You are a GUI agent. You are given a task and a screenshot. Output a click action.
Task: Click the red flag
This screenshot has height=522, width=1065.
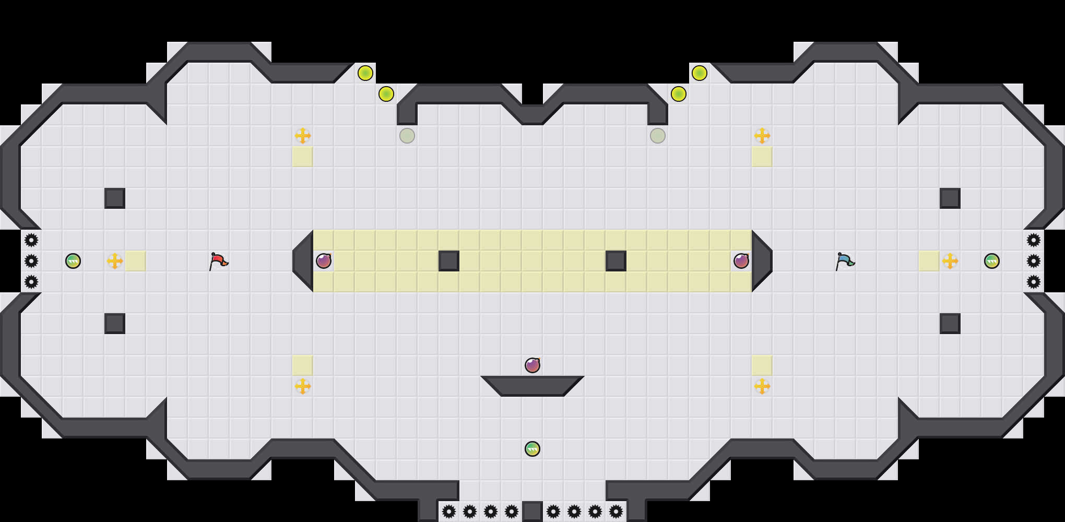pos(218,260)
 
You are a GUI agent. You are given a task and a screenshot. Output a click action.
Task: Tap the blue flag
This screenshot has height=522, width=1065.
pos(845,260)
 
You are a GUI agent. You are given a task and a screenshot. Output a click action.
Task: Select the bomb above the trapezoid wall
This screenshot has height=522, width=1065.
pos(532,365)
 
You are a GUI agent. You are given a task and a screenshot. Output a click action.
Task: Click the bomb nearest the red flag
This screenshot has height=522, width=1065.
pos(324,261)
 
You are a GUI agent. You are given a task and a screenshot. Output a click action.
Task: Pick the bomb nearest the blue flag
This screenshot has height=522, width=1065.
pos(741,261)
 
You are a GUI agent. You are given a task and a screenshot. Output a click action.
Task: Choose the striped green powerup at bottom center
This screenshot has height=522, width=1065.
pos(532,449)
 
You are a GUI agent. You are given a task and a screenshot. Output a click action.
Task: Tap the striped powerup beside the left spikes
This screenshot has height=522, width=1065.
pos(73,261)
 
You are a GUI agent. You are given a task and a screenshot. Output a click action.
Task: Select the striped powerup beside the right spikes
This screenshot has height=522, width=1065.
pos(992,261)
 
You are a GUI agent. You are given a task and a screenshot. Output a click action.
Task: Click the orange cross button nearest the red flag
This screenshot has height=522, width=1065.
pos(115,261)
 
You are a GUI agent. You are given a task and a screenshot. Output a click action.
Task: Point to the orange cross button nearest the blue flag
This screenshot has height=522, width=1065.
pos(950,261)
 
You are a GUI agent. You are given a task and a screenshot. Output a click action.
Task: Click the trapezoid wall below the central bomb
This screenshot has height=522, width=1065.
pos(532,385)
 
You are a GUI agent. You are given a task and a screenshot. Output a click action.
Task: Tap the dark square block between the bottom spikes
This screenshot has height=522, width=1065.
pos(532,512)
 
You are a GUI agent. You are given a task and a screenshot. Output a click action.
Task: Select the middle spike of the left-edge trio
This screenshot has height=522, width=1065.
pos(31,261)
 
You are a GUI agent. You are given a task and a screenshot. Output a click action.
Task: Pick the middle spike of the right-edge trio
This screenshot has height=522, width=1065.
pos(1034,261)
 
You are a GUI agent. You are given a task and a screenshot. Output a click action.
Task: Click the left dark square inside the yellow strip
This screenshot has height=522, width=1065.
pos(449,261)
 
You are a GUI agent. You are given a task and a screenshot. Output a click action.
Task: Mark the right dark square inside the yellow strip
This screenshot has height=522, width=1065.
pos(616,261)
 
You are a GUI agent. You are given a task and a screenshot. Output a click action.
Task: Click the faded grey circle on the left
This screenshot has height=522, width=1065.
pos(407,136)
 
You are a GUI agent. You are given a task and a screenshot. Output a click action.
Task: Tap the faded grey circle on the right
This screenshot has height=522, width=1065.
pos(658,136)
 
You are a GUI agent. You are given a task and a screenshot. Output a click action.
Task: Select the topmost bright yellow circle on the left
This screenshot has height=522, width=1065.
pos(365,73)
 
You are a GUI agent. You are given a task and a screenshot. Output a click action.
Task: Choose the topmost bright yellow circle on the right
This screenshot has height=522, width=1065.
pos(700,73)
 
